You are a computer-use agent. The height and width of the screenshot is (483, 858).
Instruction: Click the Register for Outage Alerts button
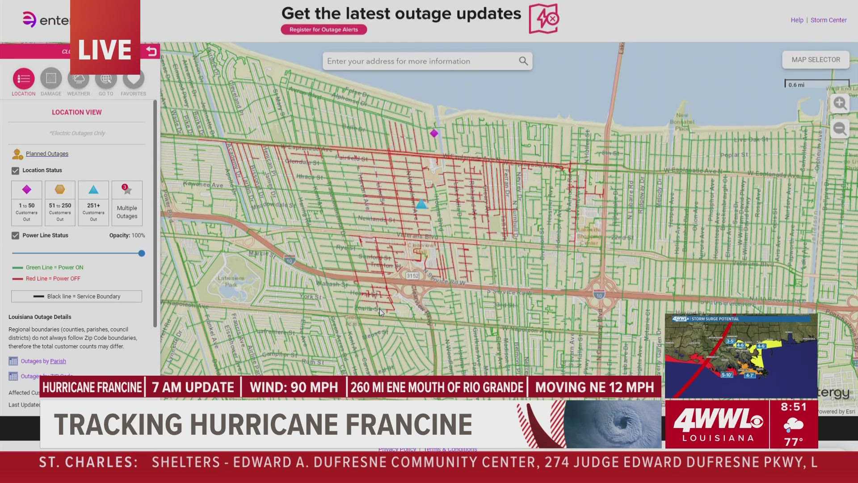pos(324,30)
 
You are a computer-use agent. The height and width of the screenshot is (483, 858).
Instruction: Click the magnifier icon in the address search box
pos(523,61)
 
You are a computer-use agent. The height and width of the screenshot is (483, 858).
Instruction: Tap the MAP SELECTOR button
pos(816,59)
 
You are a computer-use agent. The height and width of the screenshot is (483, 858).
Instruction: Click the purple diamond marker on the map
pos(434,133)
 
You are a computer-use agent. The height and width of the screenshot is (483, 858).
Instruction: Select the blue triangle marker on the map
pos(421,205)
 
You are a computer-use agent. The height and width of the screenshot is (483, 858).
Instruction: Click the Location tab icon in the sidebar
pos(24,79)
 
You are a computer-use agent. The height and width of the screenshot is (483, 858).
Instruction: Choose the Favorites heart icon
pos(133,79)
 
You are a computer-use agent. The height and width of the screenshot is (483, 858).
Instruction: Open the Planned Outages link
pos(47,154)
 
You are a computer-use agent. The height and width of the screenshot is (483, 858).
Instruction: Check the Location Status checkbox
pos(16,171)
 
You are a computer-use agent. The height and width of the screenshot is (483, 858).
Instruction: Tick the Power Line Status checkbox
pos(16,236)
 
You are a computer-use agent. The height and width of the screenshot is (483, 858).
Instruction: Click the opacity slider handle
pos(142,254)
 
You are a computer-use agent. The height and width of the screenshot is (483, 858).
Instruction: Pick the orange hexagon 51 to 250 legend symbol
pos(60,190)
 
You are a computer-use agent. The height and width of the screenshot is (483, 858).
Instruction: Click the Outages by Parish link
pos(43,361)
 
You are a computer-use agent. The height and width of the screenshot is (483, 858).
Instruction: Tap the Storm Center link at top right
pos(828,20)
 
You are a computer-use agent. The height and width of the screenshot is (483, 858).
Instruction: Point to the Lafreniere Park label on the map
pos(231,281)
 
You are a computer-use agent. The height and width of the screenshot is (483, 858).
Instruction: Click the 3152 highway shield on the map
pos(412,276)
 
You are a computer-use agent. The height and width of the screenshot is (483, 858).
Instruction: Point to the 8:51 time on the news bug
pos(794,407)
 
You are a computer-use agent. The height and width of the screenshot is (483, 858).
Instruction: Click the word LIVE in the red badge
pos(105,50)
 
